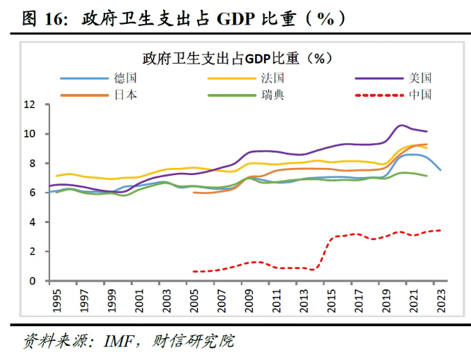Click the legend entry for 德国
click(99, 78)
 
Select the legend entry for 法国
click(246, 78)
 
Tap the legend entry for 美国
click(393, 78)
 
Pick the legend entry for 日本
click(99, 95)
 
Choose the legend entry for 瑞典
click(246, 95)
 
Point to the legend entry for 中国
click(393, 95)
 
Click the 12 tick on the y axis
click(30, 104)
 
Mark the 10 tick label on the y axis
click(30, 134)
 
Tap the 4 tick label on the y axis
click(32, 222)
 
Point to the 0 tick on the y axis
click(32, 281)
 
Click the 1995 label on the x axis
click(56, 301)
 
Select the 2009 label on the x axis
click(249, 301)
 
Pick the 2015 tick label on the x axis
click(331, 301)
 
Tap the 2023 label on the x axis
click(441, 301)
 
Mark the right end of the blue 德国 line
click(441, 170)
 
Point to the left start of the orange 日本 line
click(193, 193)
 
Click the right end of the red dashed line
click(441, 230)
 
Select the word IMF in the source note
click(119, 342)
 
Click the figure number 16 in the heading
click(53, 19)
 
